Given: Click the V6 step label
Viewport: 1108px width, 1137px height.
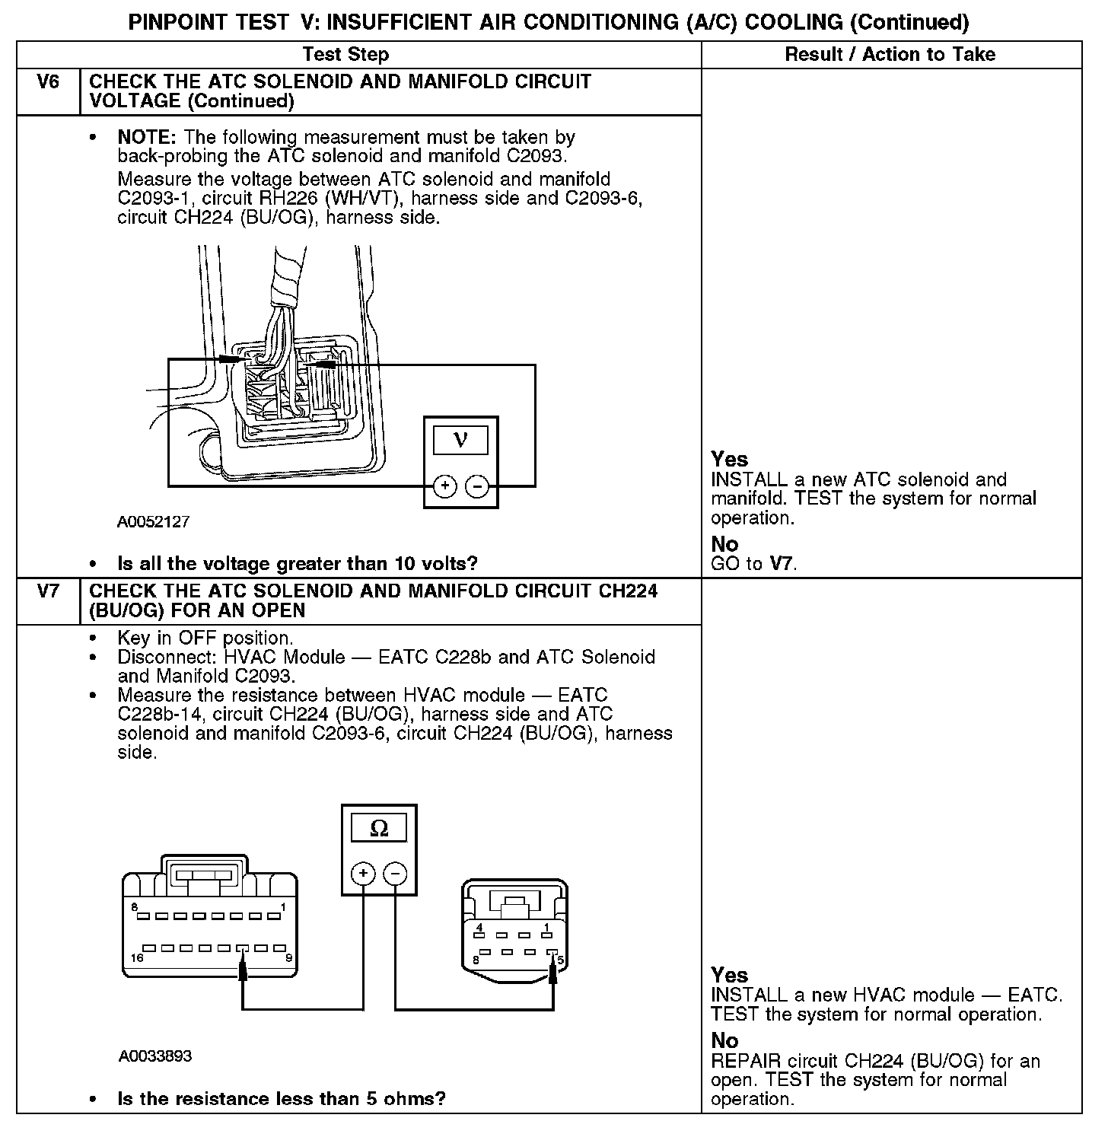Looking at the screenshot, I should point(48,81).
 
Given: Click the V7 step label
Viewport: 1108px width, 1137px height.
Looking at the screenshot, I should point(48,591).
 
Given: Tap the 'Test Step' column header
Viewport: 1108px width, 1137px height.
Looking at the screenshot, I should point(345,54).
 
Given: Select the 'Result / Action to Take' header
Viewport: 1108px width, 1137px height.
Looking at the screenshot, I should point(890,54).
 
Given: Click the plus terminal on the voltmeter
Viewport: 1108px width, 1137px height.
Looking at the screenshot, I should point(444,486).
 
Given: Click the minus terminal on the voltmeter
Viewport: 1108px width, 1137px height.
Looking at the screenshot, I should point(477,486).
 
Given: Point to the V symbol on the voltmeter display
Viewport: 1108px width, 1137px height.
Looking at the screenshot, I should point(460,440).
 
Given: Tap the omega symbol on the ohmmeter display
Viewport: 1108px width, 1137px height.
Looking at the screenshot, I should point(379,828).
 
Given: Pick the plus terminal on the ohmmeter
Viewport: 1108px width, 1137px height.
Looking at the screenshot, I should point(363,873).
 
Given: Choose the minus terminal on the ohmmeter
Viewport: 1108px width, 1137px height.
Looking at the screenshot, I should point(395,873).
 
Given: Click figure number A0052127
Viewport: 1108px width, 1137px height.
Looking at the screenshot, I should point(153,522).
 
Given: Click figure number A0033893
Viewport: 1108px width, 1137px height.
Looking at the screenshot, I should point(155,1056).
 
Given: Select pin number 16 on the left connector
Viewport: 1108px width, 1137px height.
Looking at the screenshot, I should point(136,957).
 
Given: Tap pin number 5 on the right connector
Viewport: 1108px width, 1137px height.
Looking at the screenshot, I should point(561,960).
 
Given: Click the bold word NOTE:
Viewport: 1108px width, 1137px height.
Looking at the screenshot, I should point(147,138).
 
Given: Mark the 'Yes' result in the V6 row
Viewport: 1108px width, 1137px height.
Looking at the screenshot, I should point(729,459).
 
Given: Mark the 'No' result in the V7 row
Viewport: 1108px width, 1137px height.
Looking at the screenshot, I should point(724,1040).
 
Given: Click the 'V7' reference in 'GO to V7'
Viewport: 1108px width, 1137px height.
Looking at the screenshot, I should point(782,564).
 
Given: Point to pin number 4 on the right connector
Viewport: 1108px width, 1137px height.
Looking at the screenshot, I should point(479,927).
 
